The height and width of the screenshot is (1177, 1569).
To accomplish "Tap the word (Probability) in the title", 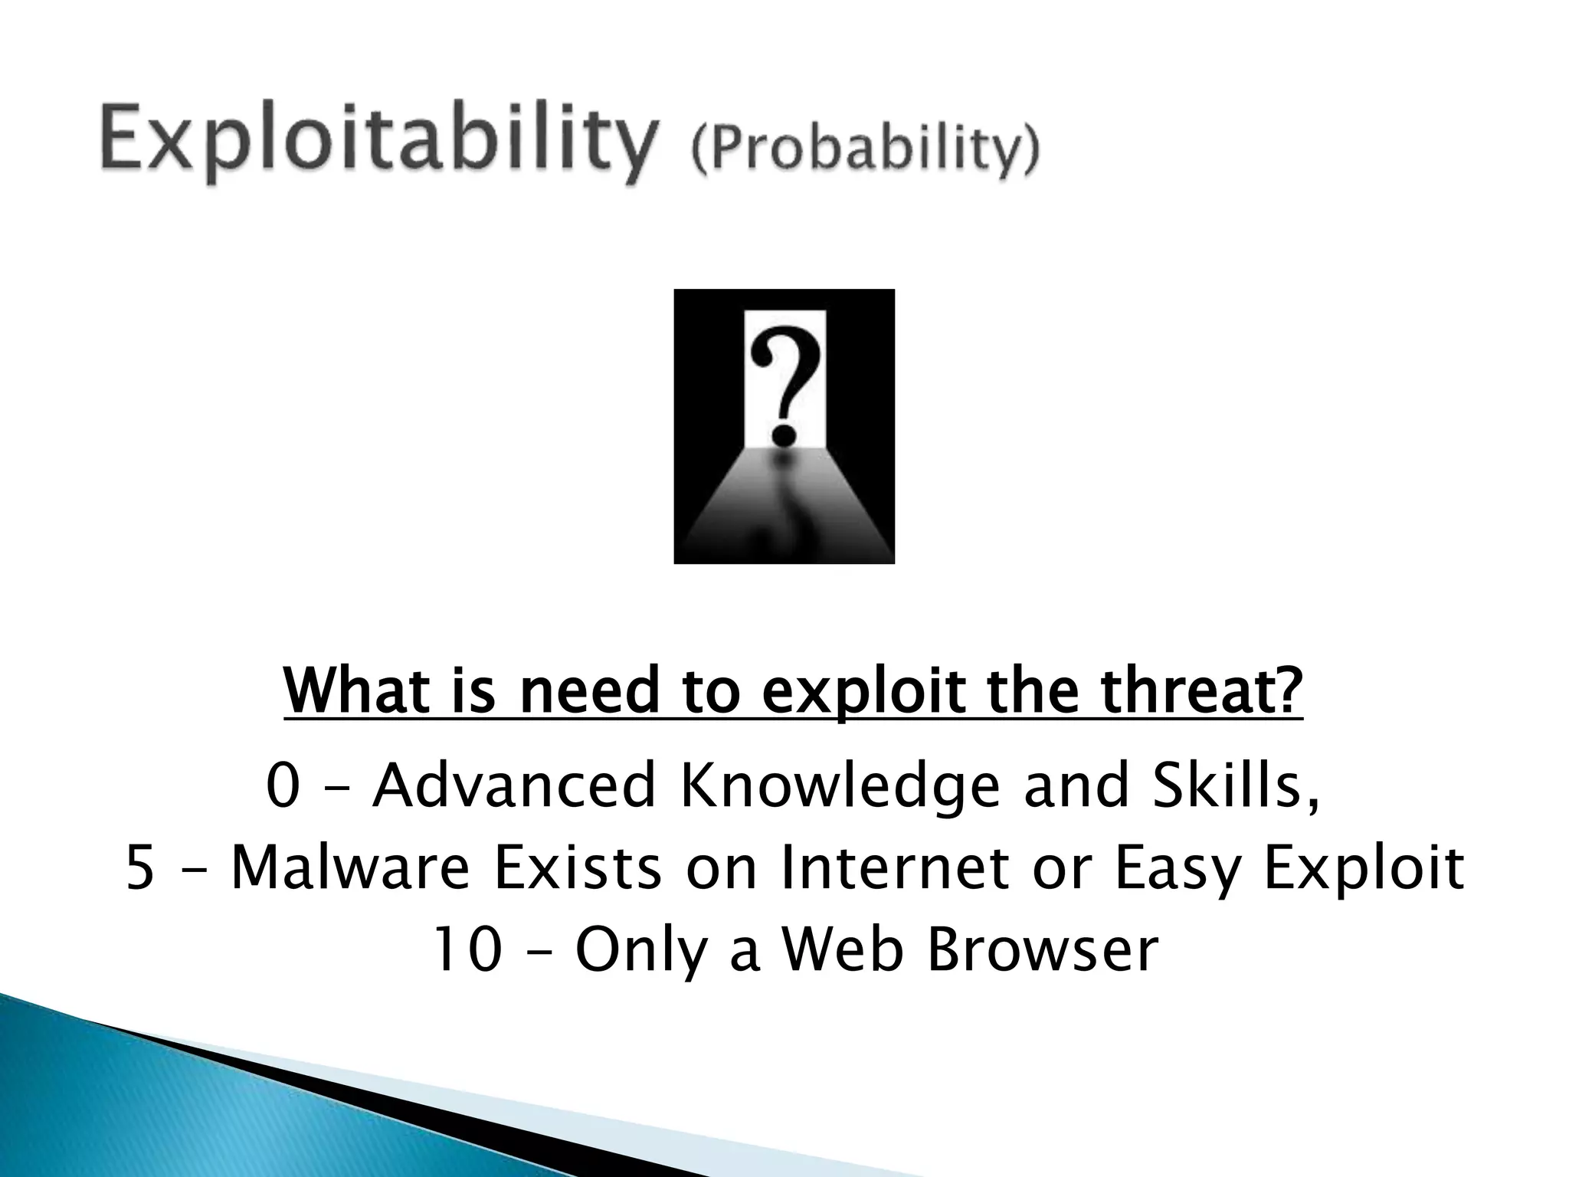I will pyautogui.click(x=865, y=152).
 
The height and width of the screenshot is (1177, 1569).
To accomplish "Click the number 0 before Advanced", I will pyautogui.click(x=283, y=785).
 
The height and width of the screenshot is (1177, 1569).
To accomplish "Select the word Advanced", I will pyautogui.click(x=514, y=785).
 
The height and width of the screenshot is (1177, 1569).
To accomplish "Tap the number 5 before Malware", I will pyautogui.click(x=140, y=868).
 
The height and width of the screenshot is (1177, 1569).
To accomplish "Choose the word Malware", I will pyautogui.click(x=349, y=868).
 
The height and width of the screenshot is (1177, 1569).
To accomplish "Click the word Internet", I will pyautogui.click(x=893, y=868).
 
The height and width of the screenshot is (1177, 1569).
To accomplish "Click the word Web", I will pyautogui.click(x=840, y=950).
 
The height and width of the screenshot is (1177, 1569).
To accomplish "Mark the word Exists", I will pyautogui.click(x=577, y=868).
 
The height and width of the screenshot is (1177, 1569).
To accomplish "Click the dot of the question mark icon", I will pyautogui.click(x=783, y=436).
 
